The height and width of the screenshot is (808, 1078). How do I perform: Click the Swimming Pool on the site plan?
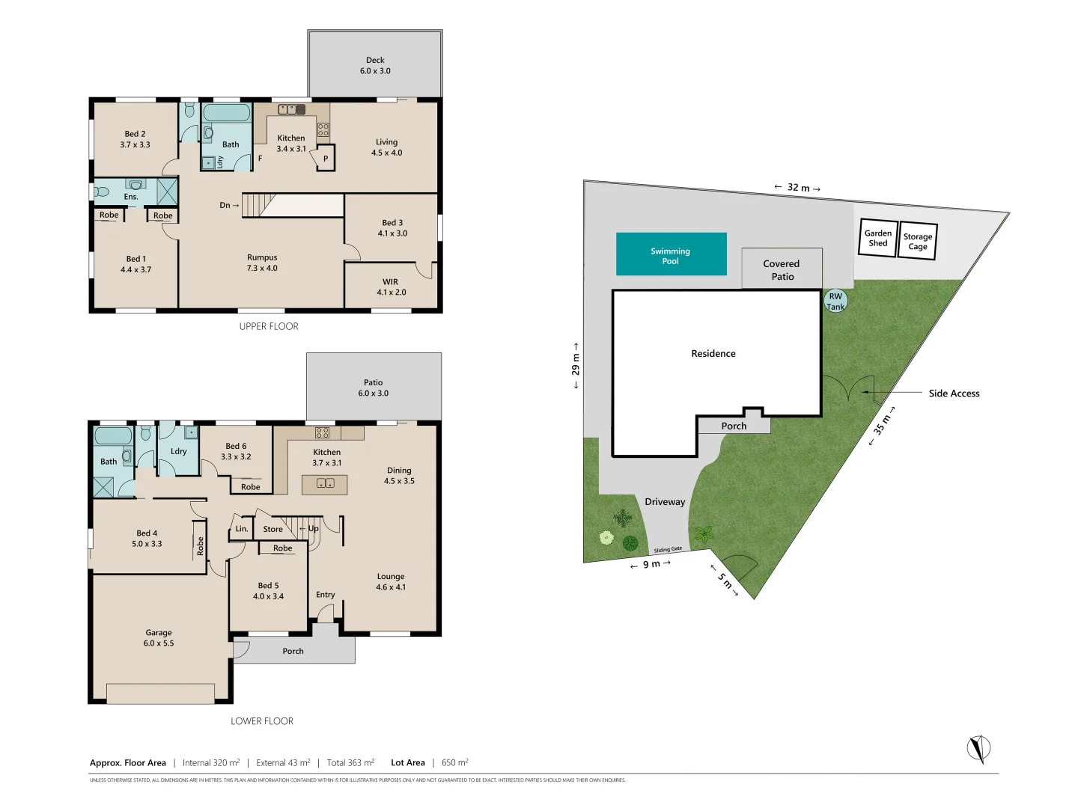tap(671, 255)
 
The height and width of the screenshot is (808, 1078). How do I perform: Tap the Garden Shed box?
tap(877, 238)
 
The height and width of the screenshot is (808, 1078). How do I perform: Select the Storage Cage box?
tap(917, 241)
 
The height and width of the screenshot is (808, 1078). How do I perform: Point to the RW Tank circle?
tap(835, 302)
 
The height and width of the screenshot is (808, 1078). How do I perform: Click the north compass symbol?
tap(978, 748)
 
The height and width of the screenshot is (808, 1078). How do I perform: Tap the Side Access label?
tap(954, 394)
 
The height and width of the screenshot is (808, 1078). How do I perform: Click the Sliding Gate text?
tap(668, 550)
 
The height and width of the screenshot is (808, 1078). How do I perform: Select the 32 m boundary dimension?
tap(797, 188)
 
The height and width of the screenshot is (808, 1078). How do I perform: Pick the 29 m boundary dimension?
tap(575, 365)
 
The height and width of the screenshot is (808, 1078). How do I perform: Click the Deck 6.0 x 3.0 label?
tap(375, 66)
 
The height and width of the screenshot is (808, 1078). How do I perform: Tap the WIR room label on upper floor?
tap(391, 287)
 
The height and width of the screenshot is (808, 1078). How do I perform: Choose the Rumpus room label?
tap(262, 263)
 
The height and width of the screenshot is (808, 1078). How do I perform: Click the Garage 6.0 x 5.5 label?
tap(159, 638)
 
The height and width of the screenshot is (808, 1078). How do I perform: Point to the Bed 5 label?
tap(268, 591)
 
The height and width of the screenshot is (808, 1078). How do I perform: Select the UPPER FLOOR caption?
tap(269, 326)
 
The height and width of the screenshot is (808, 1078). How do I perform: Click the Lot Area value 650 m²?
tap(454, 762)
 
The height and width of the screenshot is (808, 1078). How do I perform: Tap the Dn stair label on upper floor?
tap(228, 205)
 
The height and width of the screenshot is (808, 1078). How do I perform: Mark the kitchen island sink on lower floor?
tap(325, 484)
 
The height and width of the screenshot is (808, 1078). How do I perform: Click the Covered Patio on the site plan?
tap(782, 270)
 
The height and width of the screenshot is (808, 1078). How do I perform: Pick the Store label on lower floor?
tap(272, 529)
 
